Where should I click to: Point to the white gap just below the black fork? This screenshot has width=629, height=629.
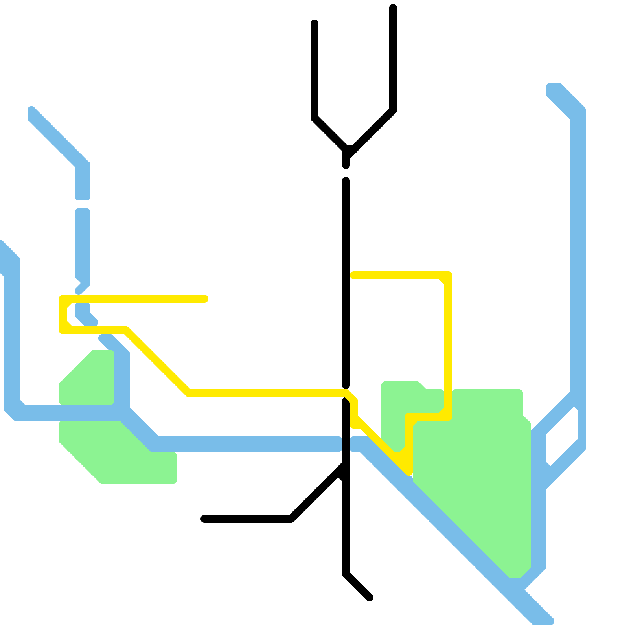coord(346,173)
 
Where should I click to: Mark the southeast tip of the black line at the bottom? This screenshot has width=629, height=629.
coord(370,598)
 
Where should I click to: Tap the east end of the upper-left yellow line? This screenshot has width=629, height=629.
coord(204,299)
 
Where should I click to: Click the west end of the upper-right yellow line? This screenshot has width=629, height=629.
coord(353,275)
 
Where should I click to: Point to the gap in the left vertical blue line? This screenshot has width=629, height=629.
coord(83,204)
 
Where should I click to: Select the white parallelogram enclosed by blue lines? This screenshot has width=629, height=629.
coord(562,436)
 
